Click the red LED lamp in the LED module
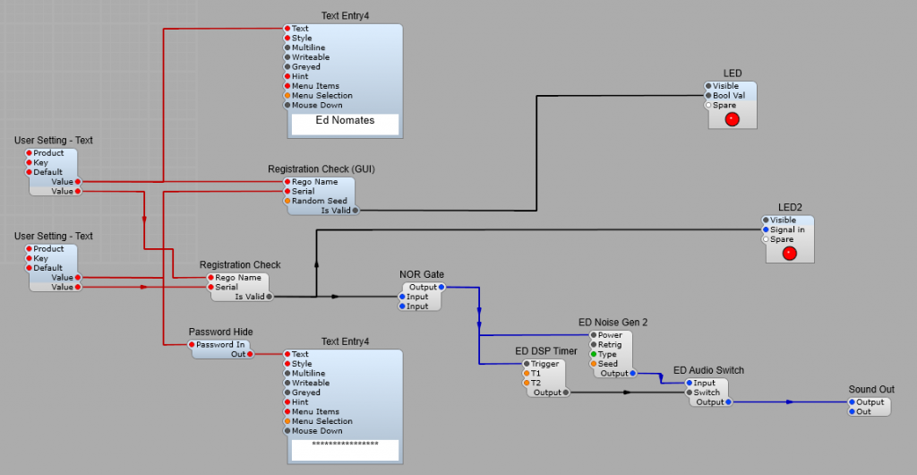(732, 119)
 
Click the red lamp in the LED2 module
(789, 253)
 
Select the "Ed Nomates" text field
(345, 120)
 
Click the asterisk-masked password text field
(345, 445)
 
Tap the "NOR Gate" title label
(421, 274)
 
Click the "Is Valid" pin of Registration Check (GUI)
(356, 211)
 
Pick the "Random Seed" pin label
(319, 201)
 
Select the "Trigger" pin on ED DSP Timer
(527, 364)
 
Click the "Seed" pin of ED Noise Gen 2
(593, 364)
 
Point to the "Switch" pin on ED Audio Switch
(690, 393)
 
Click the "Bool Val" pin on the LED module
(708, 96)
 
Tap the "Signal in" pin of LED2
(766, 229)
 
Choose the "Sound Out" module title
(871, 390)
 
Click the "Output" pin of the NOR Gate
(441, 287)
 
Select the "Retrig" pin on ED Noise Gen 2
(593, 345)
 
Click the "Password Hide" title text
(220, 332)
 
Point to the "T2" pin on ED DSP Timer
(527, 383)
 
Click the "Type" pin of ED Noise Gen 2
(593, 355)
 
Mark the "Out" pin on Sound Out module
(852, 412)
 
